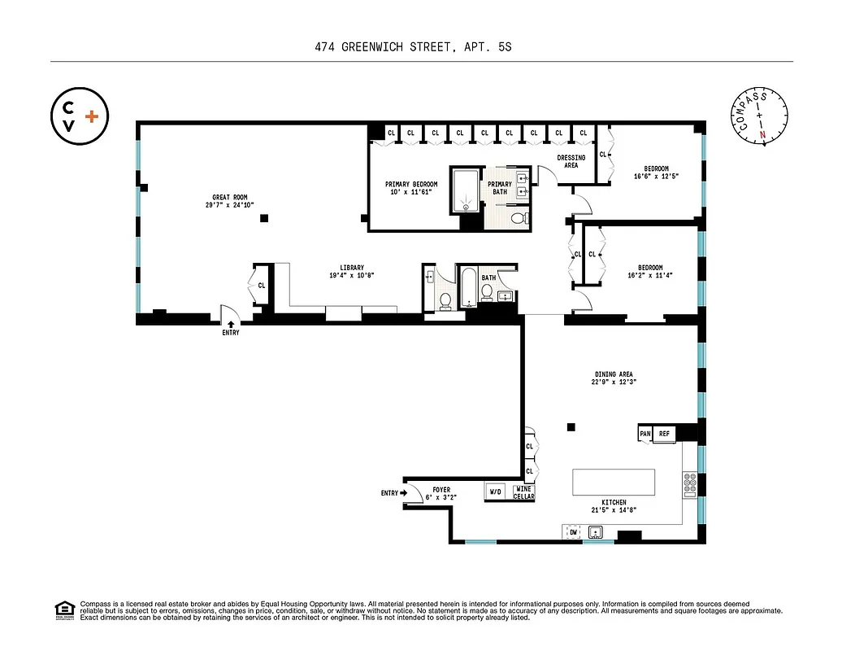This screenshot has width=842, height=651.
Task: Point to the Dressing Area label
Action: (x=571, y=161)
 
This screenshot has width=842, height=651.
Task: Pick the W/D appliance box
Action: (x=495, y=492)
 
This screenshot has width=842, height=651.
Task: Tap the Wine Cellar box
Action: (x=523, y=492)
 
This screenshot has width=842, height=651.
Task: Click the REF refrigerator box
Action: (x=665, y=434)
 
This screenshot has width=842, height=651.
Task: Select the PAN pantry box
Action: (x=645, y=434)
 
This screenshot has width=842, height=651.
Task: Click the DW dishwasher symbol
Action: (x=572, y=532)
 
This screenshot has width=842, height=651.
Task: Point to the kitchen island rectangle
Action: (x=614, y=482)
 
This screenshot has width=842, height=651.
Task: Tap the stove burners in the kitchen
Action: (x=689, y=485)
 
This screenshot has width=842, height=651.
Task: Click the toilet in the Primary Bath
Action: (x=520, y=217)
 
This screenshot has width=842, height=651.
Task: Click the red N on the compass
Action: (x=762, y=135)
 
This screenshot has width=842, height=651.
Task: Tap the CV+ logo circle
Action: (x=80, y=116)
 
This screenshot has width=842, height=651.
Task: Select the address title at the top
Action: (x=413, y=48)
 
